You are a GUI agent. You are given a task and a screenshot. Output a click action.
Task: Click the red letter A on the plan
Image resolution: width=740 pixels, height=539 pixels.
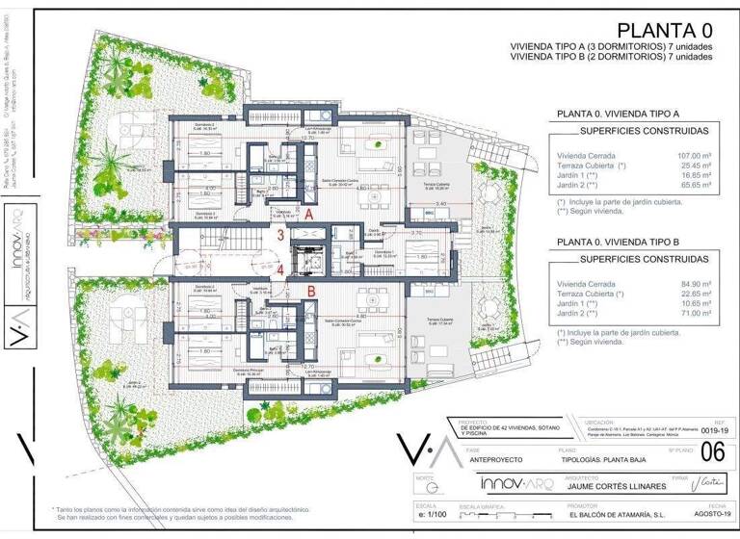point(308,217)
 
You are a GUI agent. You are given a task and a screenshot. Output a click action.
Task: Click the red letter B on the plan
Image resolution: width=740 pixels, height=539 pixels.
point(311,289)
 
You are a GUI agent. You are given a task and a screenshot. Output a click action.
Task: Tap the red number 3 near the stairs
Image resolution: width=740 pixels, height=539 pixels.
point(280,235)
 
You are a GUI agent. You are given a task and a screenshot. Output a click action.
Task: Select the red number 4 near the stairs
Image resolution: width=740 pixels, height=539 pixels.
point(280,270)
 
